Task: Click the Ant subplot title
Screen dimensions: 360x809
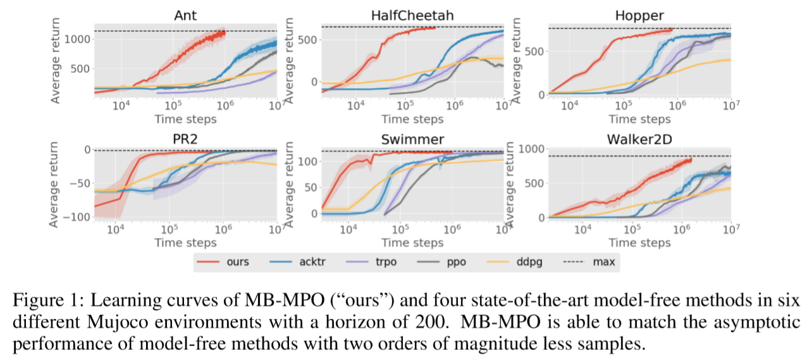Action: coord(187,15)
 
